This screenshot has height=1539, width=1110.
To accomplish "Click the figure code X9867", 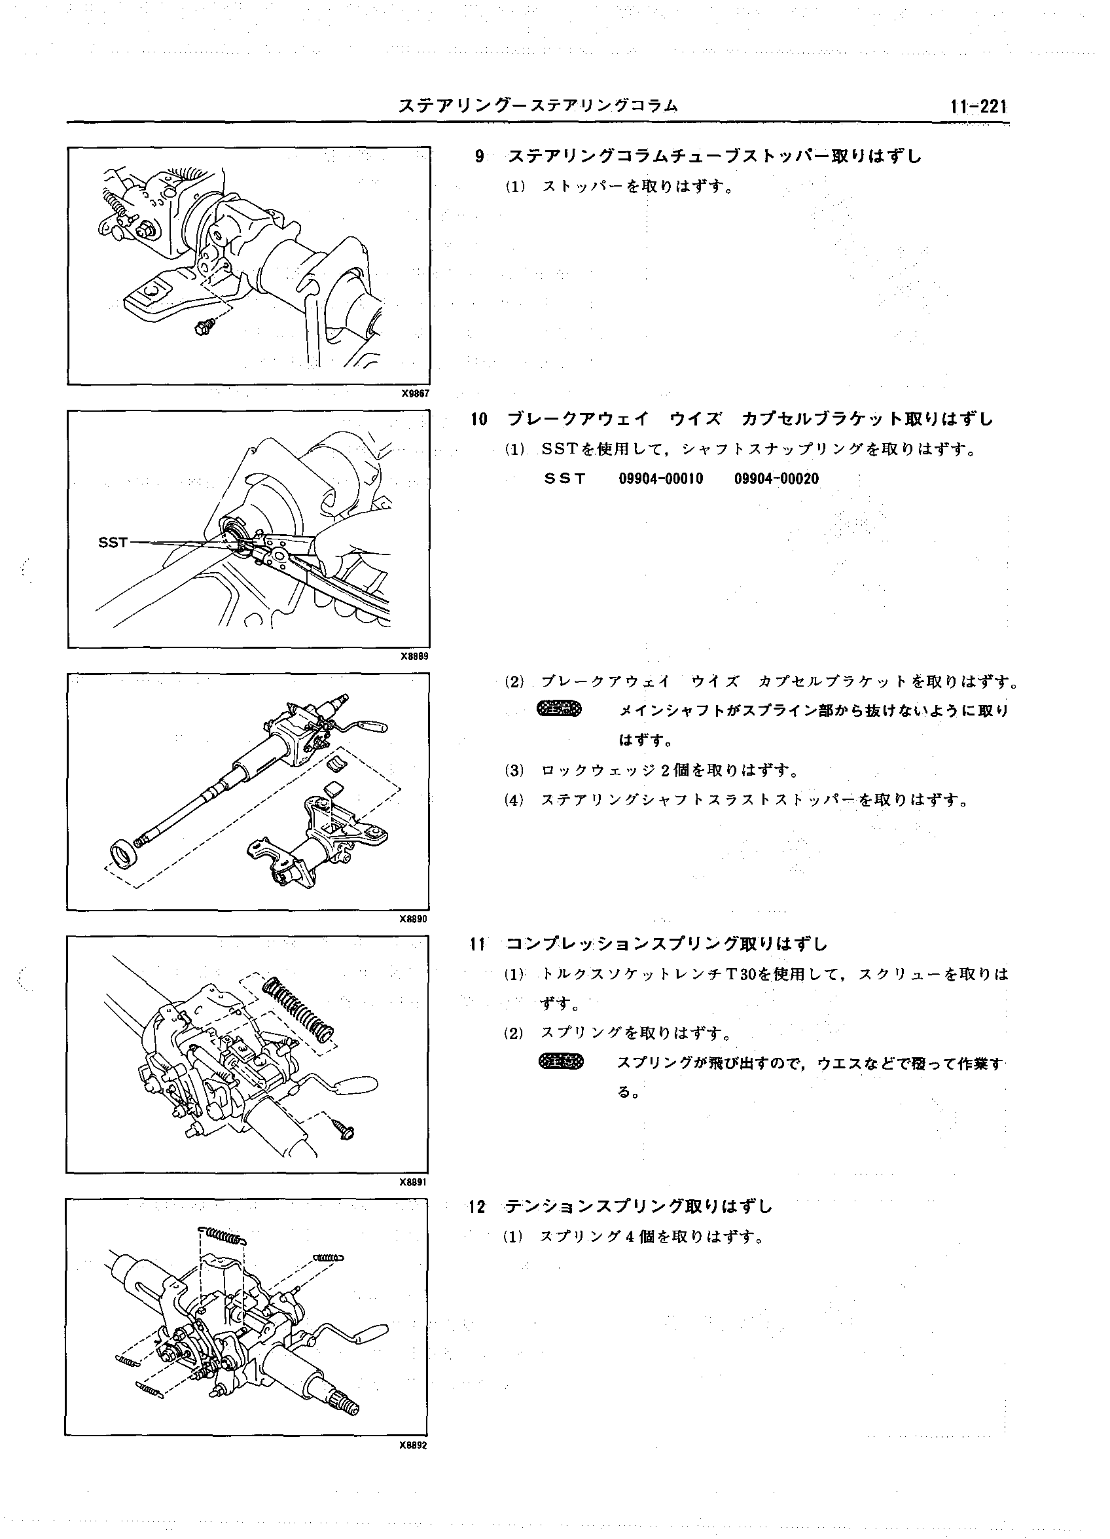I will click(x=415, y=393).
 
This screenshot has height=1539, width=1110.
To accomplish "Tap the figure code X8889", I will click(x=414, y=656).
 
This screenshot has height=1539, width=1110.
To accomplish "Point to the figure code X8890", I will click(x=414, y=920).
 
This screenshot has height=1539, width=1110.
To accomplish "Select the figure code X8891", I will click(x=414, y=1182).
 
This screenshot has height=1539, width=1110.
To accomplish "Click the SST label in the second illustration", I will click(x=113, y=542).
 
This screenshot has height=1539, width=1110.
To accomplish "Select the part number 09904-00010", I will click(x=661, y=479).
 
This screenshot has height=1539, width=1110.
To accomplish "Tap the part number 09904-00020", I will click(x=776, y=479).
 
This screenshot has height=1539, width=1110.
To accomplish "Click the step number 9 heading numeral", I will click(x=480, y=156).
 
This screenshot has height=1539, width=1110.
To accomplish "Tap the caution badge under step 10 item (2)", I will click(x=559, y=710).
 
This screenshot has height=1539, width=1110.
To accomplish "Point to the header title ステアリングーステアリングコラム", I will click(x=538, y=106).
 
